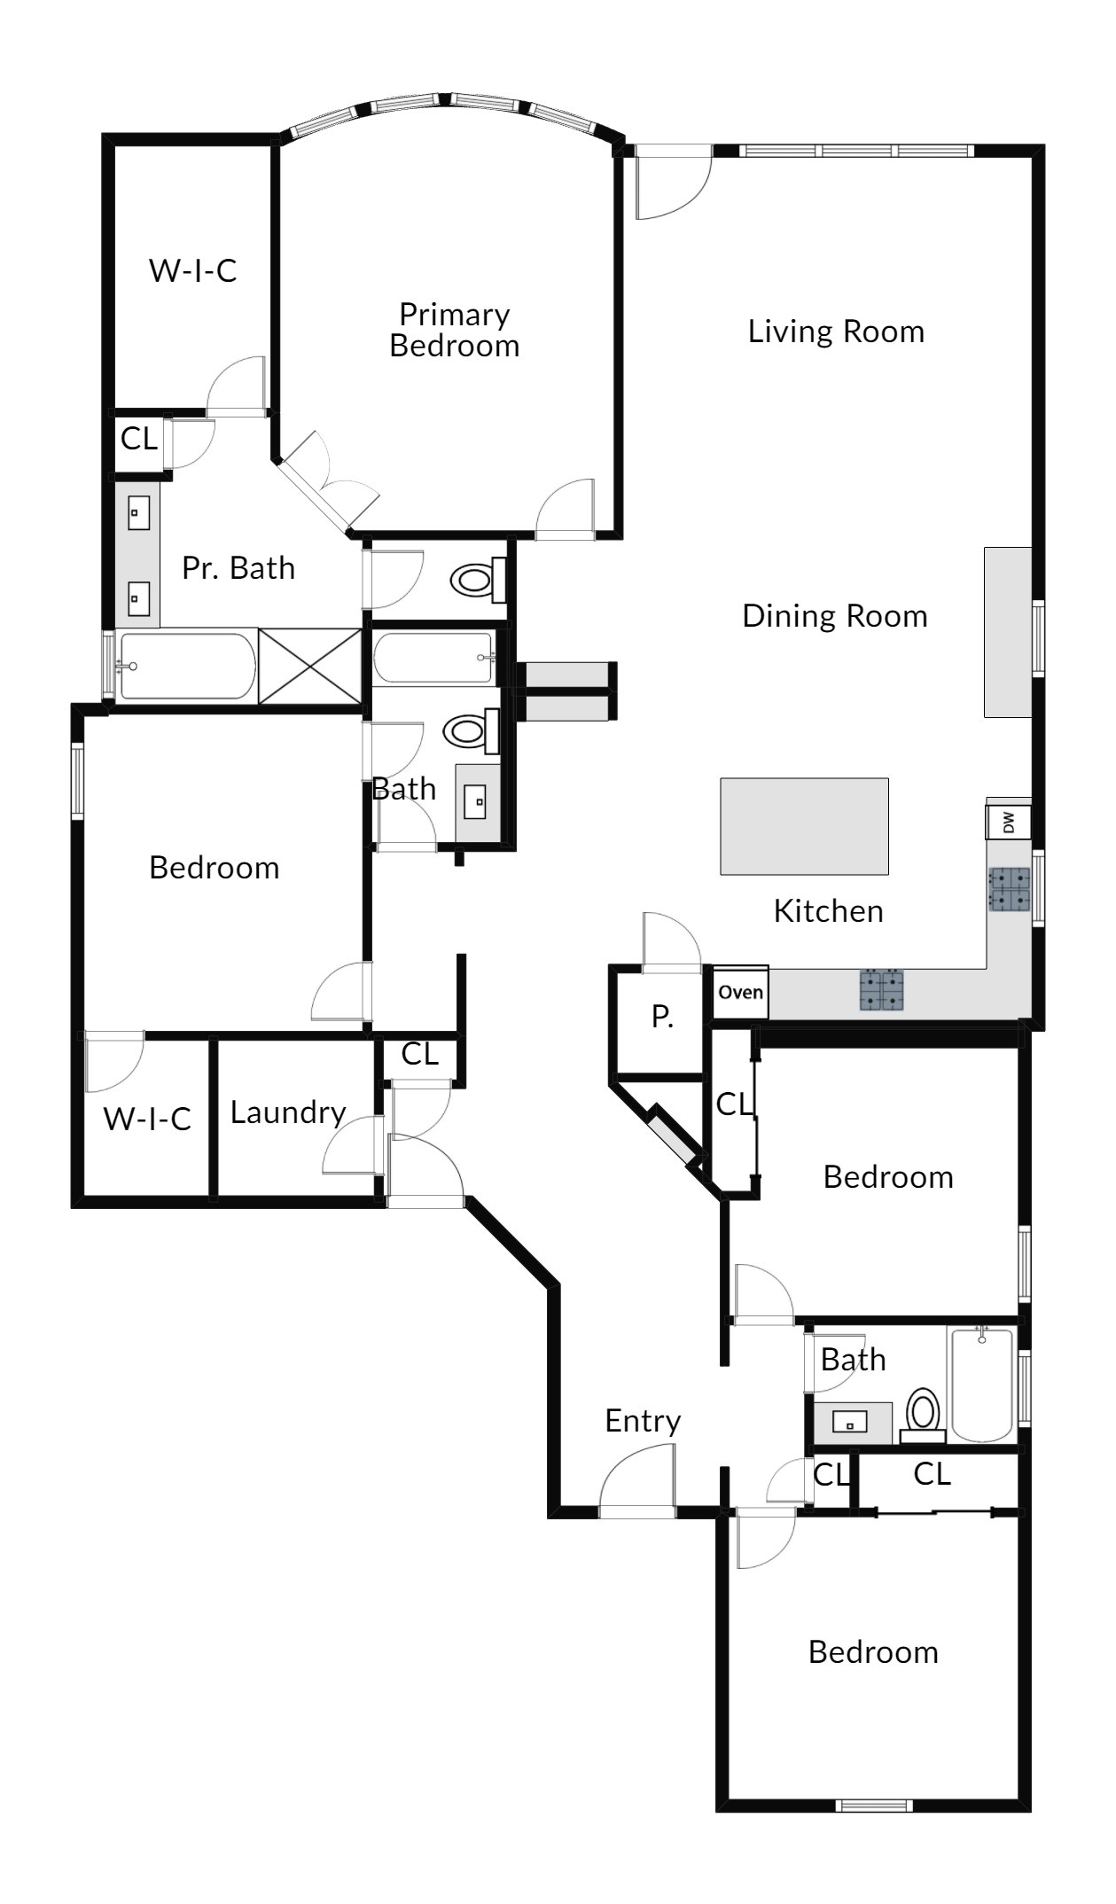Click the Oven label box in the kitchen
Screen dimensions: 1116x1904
pyautogui.click(x=741, y=992)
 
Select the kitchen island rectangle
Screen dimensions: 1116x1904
pyautogui.click(x=804, y=826)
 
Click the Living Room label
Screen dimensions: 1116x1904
pyautogui.click(x=836, y=332)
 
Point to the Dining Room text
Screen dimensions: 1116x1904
pyautogui.click(x=835, y=616)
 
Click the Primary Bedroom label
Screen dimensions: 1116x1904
pyautogui.click(x=455, y=330)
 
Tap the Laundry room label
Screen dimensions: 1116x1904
pyautogui.click(x=288, y=1113)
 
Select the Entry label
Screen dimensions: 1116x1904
pyautogui.click(x=643, y=1422)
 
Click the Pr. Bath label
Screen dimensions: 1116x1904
pyautogui.click(x=238, y=568)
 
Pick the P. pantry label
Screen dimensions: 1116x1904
pyautogui.click(x=662, y=1017)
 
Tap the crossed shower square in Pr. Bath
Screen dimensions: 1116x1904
pyautogui.click(x=310, y=667)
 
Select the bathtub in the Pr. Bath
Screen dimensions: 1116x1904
pyautogui.click(x=187, y=667)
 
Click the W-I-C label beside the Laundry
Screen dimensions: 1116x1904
pyautogui.click(x=147, y=1119)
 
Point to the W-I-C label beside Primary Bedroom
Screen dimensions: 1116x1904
pyautogui.click(x=193, y=270)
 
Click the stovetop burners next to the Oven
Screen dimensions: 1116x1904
pyautogui.click(x=882, y=991)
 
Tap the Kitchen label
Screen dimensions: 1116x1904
pyautogui.click(x=829, y=911)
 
